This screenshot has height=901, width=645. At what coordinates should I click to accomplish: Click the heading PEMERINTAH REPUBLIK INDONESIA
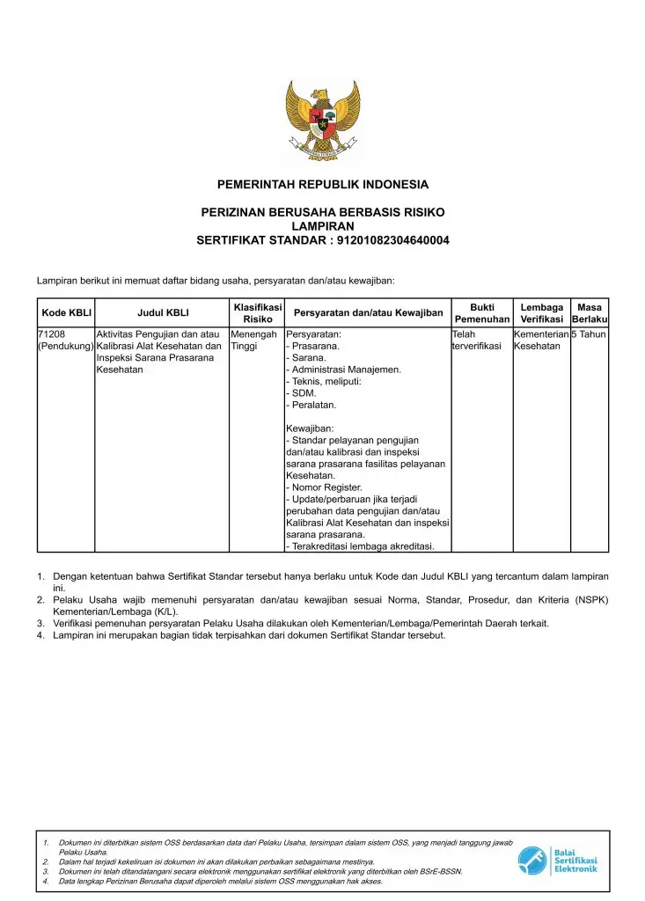click(322, 185)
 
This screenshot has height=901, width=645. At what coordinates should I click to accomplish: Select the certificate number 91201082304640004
click(388, 240)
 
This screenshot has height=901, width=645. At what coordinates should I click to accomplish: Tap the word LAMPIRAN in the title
click(322, 226)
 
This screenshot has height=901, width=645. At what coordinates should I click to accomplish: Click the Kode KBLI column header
click(66, 312)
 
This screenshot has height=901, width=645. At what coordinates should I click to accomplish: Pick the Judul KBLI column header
click(163, 312)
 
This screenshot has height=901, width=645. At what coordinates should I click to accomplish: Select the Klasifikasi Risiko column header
click(257, 312)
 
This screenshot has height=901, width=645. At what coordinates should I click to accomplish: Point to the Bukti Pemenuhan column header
click(481, 312)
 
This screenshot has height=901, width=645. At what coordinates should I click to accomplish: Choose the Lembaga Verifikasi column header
click(541, 312)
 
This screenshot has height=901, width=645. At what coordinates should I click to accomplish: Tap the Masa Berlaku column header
click(589, 312)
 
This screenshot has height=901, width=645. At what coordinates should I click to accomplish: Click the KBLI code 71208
click(52, 334)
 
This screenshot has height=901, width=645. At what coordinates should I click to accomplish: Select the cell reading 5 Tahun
click(589, 334)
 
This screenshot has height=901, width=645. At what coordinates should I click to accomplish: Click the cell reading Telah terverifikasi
click(476, 341)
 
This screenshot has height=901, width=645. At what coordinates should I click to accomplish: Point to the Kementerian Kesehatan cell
click(541, 341)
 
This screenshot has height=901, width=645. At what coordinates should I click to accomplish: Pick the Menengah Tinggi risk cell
click(253, 341)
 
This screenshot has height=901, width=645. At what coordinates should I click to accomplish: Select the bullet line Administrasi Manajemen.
click(344, 370)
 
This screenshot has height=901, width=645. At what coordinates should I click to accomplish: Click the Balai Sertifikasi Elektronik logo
click(558, 861)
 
